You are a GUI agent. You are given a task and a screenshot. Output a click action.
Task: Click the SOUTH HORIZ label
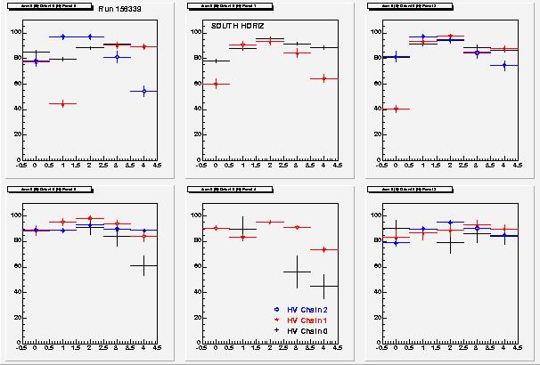pyautogui.click(x=230, y=27)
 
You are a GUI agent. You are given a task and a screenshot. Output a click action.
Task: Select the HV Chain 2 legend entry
pyautogui.click(x=299, y=309)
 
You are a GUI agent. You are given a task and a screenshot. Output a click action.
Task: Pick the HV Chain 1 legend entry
pyautogui.click(x=299, y=319)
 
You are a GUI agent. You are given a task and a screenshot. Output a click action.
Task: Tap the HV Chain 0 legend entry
pyautogui.click(x=299, y=329)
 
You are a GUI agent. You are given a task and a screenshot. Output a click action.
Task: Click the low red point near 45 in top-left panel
pyautogui.click(x=62, y=104)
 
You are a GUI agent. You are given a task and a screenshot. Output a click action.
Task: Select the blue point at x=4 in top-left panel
pyautogui.click(x=143, y=91)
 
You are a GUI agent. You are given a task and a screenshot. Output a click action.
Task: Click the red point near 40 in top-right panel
pyautogui.click(x=396, y=109)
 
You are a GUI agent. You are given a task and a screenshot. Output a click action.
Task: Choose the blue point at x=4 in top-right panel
pyautogui.click(x=504, y=65)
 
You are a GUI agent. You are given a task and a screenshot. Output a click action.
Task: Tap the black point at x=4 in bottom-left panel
pyautogui.click(x=143, y=265)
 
